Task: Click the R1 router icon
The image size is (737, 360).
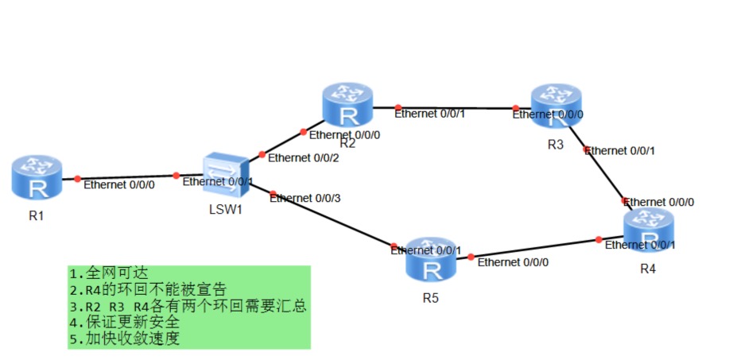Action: pos(37,177)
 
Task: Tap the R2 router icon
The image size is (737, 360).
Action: pos(347,106)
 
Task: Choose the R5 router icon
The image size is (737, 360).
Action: pos(430,259)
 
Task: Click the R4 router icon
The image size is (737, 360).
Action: pos(648,231)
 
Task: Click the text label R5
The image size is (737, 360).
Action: pos(430,298)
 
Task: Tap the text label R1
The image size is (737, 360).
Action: pos(36,215)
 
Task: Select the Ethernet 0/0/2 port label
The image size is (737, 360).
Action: pos(304,157)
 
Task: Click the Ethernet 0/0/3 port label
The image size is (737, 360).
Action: pos(305,198)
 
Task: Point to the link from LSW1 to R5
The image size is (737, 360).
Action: pos(334,219)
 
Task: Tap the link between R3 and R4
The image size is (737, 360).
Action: pos(606,174)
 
